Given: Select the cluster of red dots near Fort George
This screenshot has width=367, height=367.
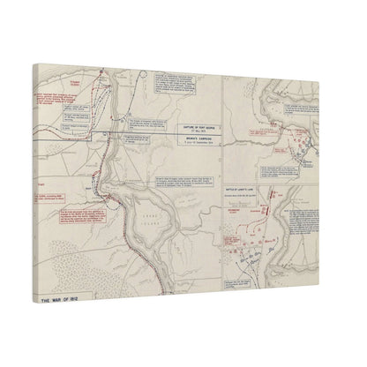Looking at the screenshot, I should [x=302, y=140].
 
